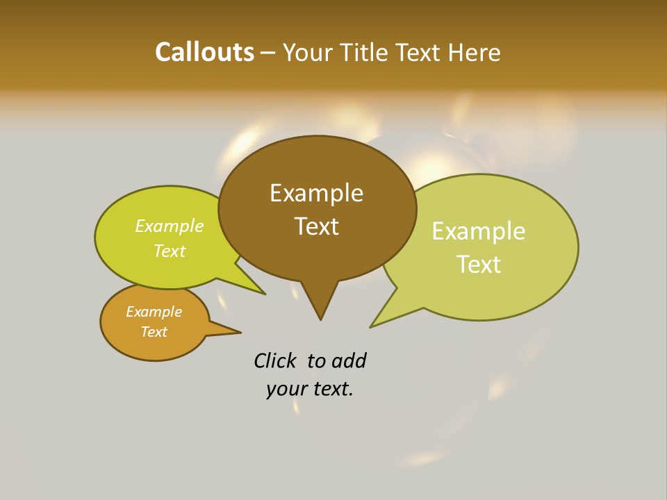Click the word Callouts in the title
pos(204,52)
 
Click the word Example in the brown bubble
pos(316,193)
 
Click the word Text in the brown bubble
pos(316,226)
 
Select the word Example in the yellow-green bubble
pos(170,226)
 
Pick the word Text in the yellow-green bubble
pos(170,251)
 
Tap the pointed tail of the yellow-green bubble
pos(264,294)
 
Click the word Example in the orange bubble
pos(154,312)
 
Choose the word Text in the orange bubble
pos(154,332)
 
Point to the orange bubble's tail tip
pos(240,332)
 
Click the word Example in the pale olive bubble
pos(479,231)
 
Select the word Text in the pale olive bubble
pos(479,265)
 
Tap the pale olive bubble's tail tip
pos(371,326)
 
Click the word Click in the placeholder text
pos(274,360)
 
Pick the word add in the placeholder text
pos(349,360)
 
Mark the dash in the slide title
pos(268,53)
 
